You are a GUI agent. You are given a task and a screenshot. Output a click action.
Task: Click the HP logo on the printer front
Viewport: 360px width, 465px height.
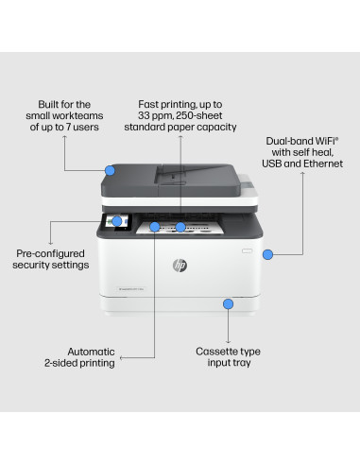point(179,267)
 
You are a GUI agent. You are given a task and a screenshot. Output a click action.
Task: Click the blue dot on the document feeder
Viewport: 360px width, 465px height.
point(110,171)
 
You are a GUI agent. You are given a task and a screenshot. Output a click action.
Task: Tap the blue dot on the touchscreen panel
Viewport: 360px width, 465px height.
point(116,222)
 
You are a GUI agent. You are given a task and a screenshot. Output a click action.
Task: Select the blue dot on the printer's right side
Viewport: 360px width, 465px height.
point(267,253)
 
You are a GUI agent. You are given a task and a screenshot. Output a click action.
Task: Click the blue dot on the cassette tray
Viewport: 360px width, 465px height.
point(227,303)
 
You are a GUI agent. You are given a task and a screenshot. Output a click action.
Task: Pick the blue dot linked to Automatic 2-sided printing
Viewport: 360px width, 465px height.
point(155,227)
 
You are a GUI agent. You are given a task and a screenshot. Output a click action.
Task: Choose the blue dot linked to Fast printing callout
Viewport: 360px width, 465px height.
point(180,227)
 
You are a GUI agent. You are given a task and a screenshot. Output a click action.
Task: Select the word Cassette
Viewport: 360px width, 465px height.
point(214,351)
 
